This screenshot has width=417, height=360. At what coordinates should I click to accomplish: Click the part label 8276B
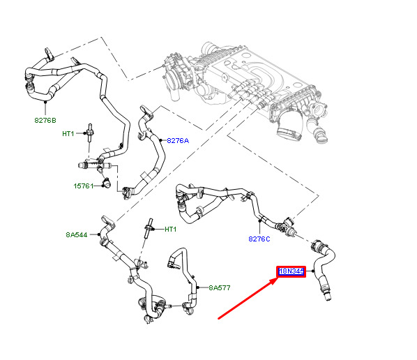[x=45, y=121]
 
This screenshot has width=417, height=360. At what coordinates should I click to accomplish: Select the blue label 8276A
[x=178, y=140]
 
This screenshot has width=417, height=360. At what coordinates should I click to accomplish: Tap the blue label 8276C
[x=259, y=239]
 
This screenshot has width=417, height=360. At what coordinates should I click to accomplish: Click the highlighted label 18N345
[x=291, y=271]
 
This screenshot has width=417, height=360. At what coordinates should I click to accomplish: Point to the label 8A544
[x=77, y=234]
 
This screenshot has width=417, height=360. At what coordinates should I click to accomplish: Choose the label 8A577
[x=220, y=287]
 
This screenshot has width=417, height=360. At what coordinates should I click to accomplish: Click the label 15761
[x=84, y=186]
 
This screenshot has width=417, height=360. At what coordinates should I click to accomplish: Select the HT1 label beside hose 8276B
[x=68, y=133]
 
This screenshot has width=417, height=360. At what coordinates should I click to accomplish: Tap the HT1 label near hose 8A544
[x=170, y=229]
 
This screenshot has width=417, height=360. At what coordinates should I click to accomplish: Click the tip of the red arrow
[x=278, y=278]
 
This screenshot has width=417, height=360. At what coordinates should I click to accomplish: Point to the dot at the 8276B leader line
[x=45, y=102]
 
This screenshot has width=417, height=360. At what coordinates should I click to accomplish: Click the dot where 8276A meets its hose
[x=160, y=140]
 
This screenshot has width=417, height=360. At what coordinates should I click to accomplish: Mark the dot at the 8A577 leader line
[x=198, y=287]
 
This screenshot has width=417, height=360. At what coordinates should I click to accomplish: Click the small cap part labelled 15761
[x=107, y=183]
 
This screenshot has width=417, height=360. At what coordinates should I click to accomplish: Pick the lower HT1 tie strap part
[x=149, y=227]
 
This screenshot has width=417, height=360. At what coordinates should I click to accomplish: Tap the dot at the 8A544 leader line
[x=99, y=234]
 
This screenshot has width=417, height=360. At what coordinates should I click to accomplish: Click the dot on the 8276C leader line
[x=260, y=220]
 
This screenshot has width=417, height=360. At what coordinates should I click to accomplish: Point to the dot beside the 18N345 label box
[x=313, y=271]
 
